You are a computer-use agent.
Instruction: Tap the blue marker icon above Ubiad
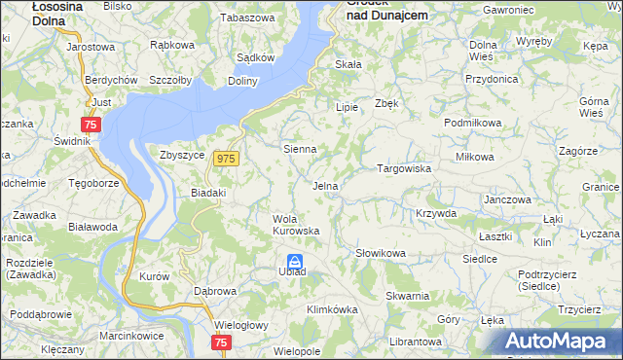(x=294, y=260)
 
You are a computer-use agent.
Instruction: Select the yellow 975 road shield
(x=227, y=159)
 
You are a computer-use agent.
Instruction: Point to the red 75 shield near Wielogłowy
(x=221, y=342)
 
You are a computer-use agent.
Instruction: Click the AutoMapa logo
(x=560, y=341)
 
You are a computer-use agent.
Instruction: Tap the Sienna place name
(x=300, y=149)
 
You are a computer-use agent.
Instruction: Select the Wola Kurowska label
(x=296, y=224)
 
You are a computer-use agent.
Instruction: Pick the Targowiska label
(x=404, y=168)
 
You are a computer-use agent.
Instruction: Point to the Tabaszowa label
(x=247, y=18)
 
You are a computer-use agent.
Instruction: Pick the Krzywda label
(x=435, y=213)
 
